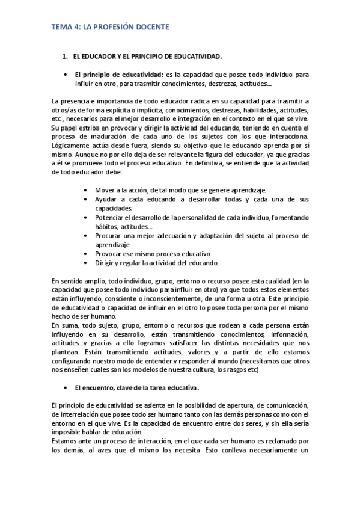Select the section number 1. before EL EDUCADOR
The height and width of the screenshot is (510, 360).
[x=66, y=57]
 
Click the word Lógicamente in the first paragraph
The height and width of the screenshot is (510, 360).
[x=71, y=146]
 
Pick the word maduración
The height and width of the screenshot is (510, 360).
[x=105, y=137]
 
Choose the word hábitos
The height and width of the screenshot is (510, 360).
[x=106, y=226]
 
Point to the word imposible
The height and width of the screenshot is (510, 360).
[x=68, y=431]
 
